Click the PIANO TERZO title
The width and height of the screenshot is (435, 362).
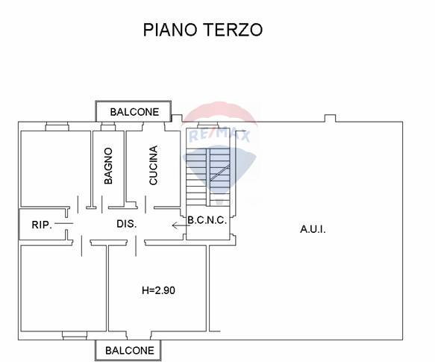tap(202, 30)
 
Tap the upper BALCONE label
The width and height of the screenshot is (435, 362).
tap(134, 112)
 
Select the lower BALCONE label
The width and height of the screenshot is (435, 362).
tap(130, 351)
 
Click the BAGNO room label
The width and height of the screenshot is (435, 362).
tap(108, 166)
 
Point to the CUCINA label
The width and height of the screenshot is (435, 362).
tap(153, 165)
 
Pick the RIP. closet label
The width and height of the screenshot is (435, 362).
tap(42, 225)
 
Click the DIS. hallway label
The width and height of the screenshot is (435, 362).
tap(127, 224)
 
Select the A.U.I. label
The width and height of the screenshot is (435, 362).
tap(313, 229)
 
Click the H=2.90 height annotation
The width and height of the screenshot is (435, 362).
tap(158, 290)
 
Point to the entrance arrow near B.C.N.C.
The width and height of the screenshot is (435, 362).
tap(181, 225)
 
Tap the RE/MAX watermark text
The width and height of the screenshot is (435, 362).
tap(219, 136)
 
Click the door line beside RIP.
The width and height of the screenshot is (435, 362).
tap(64, 223)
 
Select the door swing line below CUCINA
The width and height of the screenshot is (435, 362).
tap(146, 205)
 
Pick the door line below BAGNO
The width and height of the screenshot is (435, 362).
tap(102, 204)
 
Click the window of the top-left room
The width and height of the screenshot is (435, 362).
tap(57, 126)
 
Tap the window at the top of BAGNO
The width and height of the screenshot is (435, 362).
tap(108, 126)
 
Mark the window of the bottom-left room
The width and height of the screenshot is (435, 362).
tap(75, 335)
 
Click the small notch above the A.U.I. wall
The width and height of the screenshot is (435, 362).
tap(330, 118)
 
